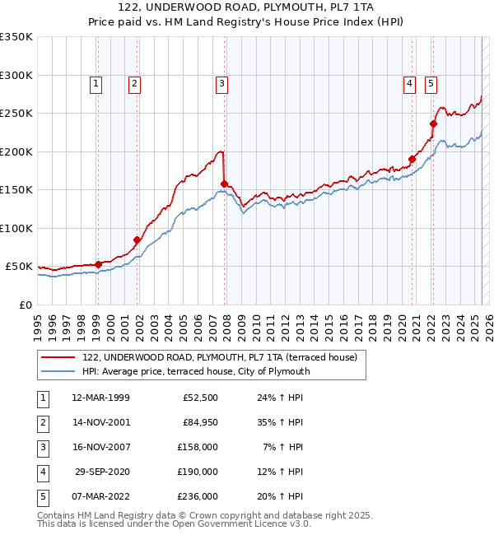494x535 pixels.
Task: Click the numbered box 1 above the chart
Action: [x=96, y=82]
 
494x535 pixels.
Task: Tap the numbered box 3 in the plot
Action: [x=222, y=82]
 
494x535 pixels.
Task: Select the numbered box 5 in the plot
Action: [x=431, y=82]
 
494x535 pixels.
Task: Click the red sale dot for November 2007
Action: [x=224, y=184]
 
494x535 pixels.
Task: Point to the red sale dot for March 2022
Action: [x=432, y=124]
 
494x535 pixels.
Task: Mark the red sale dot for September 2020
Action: [x=412, y=160]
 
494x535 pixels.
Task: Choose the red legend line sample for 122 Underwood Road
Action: [x=58, y=358]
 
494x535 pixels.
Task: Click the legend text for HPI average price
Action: [x=196, y=371]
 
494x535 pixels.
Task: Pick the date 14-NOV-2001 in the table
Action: [x=100, y=422]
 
